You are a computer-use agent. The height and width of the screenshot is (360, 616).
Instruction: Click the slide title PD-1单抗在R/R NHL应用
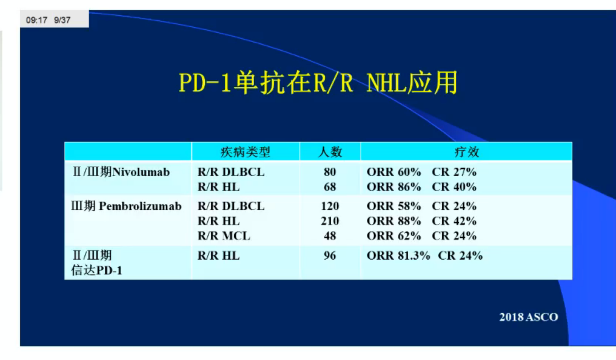(318, 83)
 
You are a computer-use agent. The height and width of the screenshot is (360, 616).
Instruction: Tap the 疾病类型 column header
(245, 152)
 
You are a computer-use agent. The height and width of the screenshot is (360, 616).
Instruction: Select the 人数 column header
(330, 152)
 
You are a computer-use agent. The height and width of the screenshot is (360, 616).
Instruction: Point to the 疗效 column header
(467, 152)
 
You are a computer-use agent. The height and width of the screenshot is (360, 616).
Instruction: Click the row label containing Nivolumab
(121, 172)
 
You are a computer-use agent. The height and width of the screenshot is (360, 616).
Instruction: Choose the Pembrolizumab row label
(126, 206)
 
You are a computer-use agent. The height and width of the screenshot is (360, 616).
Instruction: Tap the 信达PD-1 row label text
(97, 270)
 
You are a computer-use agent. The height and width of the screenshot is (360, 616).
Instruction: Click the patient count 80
(330, 172)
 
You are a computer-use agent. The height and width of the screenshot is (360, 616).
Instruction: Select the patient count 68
(330, 187)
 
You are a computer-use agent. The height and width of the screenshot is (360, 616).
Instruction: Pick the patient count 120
(330, 206)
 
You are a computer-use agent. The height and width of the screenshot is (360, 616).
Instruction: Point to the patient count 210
(330, 221)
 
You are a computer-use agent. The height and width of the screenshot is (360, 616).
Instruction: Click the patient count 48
(330, 236)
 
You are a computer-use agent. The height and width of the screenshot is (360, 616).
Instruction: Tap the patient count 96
(330, 256)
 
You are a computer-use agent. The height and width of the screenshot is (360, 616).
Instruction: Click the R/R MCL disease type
(224, 236)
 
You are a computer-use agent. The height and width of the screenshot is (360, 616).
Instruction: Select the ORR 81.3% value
(398, 256)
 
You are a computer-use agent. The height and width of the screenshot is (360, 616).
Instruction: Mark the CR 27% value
(454, 172)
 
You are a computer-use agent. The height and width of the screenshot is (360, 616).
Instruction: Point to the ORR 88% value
(394, 221)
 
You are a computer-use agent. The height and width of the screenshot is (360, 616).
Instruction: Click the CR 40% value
(454, 187)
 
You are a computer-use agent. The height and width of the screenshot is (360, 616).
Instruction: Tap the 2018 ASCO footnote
(529, 317)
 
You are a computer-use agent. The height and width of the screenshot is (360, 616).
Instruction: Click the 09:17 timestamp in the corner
(37, 20)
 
